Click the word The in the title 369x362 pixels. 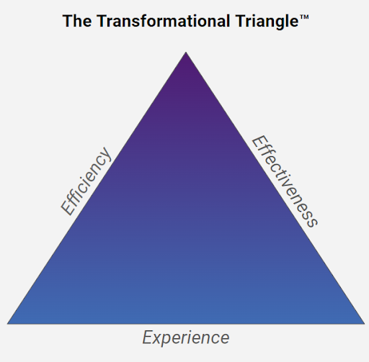point(77,21)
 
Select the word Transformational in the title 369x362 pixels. point(164,21)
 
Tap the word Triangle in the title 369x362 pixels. point(267,22)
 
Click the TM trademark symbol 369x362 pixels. point(304,17)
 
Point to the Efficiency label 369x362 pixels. point(86,181)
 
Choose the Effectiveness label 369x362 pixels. point(285,181)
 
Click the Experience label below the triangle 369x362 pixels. point(186,338)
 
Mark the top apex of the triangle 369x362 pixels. point(186,52)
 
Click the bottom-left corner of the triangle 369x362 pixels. point(8,324)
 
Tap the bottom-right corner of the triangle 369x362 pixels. point(364,324)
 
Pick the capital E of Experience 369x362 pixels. point(148,338)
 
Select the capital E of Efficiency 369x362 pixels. point(68,207)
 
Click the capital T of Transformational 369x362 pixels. point(104,21)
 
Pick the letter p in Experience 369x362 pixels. point(169,340)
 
